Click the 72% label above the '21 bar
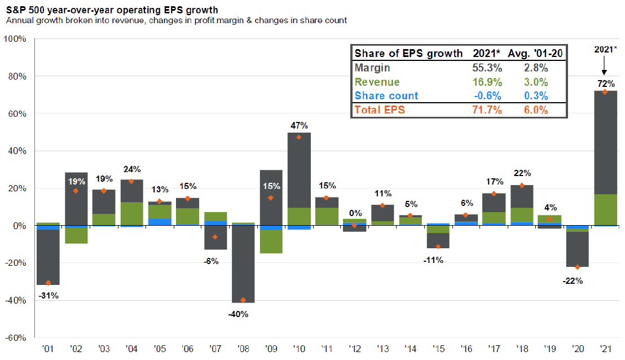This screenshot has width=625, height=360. tap(606, 84)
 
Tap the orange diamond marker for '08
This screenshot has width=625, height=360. tap(243, 300)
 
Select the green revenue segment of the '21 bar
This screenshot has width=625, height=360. tap(605, 210)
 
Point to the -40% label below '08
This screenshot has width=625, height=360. tap(239, 314)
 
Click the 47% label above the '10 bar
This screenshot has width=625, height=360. tap(299, 126)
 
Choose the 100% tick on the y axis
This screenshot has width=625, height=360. tap(15, 39)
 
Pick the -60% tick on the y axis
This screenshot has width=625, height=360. tap(15, 337)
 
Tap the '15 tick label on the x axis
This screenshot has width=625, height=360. tap(438, 349)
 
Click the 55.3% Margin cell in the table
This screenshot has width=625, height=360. tap(487, 68)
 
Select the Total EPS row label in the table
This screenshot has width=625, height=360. tap(380, 110)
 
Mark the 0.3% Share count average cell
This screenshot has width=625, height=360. tap(536, 96)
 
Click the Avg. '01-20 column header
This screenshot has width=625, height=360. tap(535, 54)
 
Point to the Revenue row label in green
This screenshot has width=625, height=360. tap(377, 82)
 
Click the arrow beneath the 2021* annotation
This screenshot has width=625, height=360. tap(604, 65)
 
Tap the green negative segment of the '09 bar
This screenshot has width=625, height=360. tap(271, 242)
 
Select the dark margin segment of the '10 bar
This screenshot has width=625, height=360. tap(299, 170)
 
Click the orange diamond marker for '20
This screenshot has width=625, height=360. tap(578, 267)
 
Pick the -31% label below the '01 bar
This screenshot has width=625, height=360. tap(49, 296)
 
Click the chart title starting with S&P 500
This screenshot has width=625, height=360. tap(112, 10)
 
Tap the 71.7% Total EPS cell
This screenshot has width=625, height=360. tap(487, 110)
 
